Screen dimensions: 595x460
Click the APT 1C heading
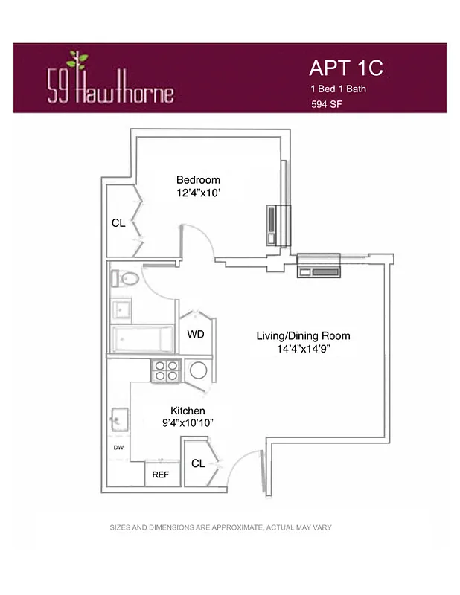coord(345,68)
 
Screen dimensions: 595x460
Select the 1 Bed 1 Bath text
coord(339,89)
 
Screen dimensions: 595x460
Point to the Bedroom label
coord(198,180)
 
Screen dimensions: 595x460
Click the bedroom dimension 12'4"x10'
coord(198,193)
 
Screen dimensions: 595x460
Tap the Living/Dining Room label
coord(303,336)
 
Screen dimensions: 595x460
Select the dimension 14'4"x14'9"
coord(303,350)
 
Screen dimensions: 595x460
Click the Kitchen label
coord(188,411)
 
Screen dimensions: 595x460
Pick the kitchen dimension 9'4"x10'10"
coord(188,423)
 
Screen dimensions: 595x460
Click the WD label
coord(195,335)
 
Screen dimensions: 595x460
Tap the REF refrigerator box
coord(162,474)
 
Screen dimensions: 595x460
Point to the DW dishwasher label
coord(118,448)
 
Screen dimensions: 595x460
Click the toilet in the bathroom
coord(125,280)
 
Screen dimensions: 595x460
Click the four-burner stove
coord(165,370)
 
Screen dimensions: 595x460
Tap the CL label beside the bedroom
coord(118,222)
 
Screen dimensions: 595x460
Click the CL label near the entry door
coord(198,463)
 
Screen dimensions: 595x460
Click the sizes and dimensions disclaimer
coord(220,527)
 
